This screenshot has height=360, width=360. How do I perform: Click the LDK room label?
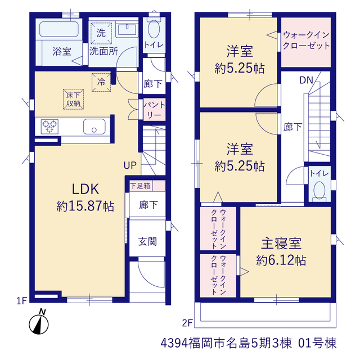click(85, 189)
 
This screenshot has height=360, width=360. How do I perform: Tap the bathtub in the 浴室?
click(59, 29)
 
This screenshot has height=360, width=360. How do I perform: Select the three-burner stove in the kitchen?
click(49, 127)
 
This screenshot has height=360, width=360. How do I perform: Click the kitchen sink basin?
click(94, 127)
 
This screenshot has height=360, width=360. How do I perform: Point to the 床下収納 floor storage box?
click(73, 99)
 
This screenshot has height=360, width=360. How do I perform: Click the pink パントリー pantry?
click(154, 110)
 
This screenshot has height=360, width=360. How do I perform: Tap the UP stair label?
click(130, 165)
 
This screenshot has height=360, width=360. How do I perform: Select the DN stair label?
click(306, 80)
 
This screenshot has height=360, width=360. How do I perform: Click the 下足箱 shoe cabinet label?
click(140, 186)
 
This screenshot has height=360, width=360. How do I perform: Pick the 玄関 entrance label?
click(147, 242)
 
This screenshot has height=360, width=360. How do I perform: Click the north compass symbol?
click(39, 322)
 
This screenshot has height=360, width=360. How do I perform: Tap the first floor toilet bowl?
click(154, 29)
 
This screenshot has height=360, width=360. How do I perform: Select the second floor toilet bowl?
click(319, 190)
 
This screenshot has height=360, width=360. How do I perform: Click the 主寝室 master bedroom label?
click(281, 244)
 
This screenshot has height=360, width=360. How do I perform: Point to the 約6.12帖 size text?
click(281, 260)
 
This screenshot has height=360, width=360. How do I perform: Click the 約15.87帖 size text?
click(85, 206)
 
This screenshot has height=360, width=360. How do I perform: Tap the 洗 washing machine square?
click(101, 33)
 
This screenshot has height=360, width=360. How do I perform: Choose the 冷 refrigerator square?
click(101, 82)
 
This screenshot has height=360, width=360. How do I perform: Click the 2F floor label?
click(187, 323)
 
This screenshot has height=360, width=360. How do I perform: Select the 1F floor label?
click(22, 301)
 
